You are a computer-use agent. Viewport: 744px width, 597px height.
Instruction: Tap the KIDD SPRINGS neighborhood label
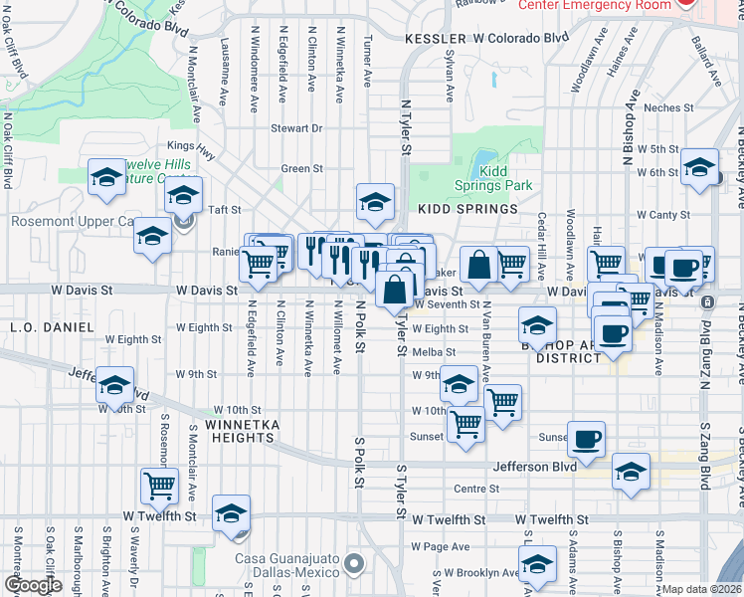pyautogui.click(x=467, y=209)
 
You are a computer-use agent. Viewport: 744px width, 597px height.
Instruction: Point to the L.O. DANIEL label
pyautogui.click(x=37, y=326)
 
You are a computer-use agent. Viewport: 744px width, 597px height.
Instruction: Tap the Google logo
pyautogui.click(x=34, y=585)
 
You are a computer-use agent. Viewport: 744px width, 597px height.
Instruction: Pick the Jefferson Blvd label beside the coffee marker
pyautogui.click(x=535, y=466)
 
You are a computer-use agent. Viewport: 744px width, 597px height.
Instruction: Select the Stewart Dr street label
pyautogui.click(x=297, y=128)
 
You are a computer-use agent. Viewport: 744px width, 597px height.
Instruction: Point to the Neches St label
pyautogui.click(x=667, y=107)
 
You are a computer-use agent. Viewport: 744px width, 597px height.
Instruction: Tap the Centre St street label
pyautogui.click(x=475, y=489)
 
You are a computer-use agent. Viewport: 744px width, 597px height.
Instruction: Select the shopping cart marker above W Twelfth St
pyautogui.click(x=159, y=487)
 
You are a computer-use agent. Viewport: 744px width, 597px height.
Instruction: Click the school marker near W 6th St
pyautogui.click(x=699, y=166)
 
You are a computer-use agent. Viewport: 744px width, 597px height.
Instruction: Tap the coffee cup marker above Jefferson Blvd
pyautogui.click(x=586, y=438)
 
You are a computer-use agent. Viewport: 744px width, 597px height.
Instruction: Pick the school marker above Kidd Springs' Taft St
pyautogui.click(x=374, y=202)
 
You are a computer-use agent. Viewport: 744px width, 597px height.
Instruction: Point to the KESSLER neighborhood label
pyautogui.click(x=435, y=39)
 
